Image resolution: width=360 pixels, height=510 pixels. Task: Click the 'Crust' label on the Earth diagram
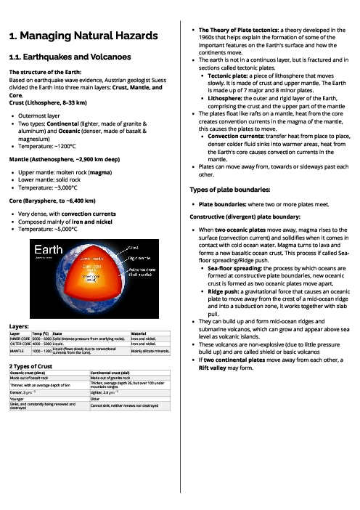134,248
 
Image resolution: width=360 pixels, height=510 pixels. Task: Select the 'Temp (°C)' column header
41,333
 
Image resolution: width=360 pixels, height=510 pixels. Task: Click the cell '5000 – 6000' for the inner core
41,339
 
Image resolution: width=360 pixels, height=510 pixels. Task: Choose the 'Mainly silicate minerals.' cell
150,351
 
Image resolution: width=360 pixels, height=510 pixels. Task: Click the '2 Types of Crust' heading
30,367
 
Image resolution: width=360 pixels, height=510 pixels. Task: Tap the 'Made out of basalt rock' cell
29,379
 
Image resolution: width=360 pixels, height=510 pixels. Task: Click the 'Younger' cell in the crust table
16,398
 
